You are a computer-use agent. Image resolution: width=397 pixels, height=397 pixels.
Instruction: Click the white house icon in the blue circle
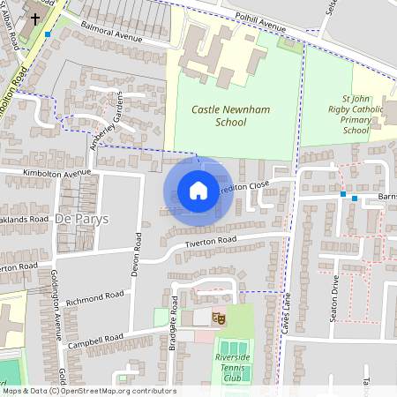pos(198,191)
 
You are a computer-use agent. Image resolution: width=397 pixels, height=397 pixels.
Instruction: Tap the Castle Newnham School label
pos(219,116)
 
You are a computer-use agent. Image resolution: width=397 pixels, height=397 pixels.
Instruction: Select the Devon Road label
pos(137,251)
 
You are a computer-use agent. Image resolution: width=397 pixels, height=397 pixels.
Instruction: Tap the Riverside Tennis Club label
pos(233,366)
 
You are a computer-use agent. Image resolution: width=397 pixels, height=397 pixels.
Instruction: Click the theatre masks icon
pos(219,317)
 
